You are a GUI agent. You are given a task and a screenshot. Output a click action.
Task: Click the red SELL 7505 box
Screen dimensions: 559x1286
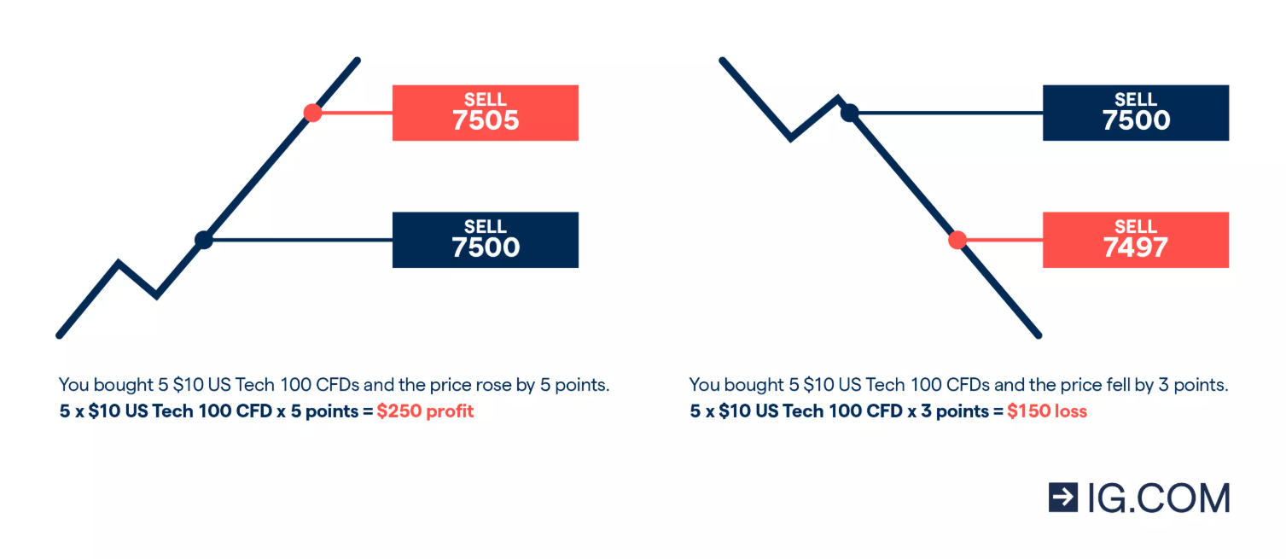click(485, 113)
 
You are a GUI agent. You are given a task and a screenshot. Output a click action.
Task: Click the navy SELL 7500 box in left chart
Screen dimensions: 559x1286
click(485, 240)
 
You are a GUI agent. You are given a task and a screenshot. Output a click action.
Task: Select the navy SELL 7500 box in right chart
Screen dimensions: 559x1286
click(1135, 113)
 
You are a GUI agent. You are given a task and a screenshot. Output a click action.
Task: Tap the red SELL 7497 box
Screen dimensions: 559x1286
click(1135, 240)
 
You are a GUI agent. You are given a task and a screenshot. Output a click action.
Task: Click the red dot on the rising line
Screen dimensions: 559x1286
click(312, 113)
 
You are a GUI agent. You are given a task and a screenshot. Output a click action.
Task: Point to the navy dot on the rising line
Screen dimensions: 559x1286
click(203, 240)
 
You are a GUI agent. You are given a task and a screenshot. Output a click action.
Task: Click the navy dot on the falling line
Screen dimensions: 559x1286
click(849, 112)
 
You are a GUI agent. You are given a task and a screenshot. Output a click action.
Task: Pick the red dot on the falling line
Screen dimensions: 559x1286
click(957, 240)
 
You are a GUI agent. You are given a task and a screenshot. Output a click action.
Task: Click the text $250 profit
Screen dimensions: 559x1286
click(425, 411)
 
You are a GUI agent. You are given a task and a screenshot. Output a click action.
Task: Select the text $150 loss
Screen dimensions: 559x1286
click(1047, 411)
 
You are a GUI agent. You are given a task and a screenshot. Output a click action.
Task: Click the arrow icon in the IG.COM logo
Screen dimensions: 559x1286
click(1063, 497)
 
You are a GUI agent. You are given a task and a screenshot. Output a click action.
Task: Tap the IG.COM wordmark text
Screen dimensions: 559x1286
click(1158, 498)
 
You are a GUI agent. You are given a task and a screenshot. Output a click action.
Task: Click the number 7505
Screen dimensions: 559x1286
click(485, 121)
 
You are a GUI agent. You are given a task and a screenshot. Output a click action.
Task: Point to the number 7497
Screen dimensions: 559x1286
click(1135, 248)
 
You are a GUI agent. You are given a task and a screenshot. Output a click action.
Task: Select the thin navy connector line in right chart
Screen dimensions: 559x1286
click(947, 113)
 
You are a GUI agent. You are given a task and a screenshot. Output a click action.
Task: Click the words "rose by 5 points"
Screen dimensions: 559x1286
click(539, 385)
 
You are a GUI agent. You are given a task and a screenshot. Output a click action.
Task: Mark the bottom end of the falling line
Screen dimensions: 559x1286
click(1038, 335)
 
